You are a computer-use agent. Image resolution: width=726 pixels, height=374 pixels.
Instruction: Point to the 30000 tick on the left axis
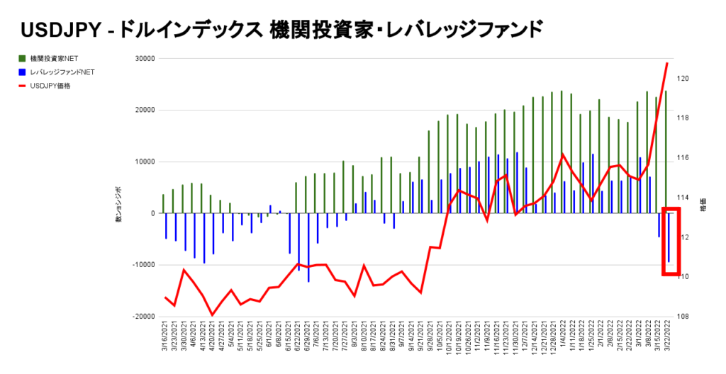tap(145, 59)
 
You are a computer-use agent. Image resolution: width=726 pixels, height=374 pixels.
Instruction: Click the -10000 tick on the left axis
tap(143, 265)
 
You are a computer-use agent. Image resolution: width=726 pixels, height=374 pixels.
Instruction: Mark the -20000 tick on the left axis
tap(143, 317)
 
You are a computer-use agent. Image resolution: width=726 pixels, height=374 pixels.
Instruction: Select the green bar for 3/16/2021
tap(163, 203)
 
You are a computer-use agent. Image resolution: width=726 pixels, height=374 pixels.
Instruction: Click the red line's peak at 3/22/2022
tap(667, 63)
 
